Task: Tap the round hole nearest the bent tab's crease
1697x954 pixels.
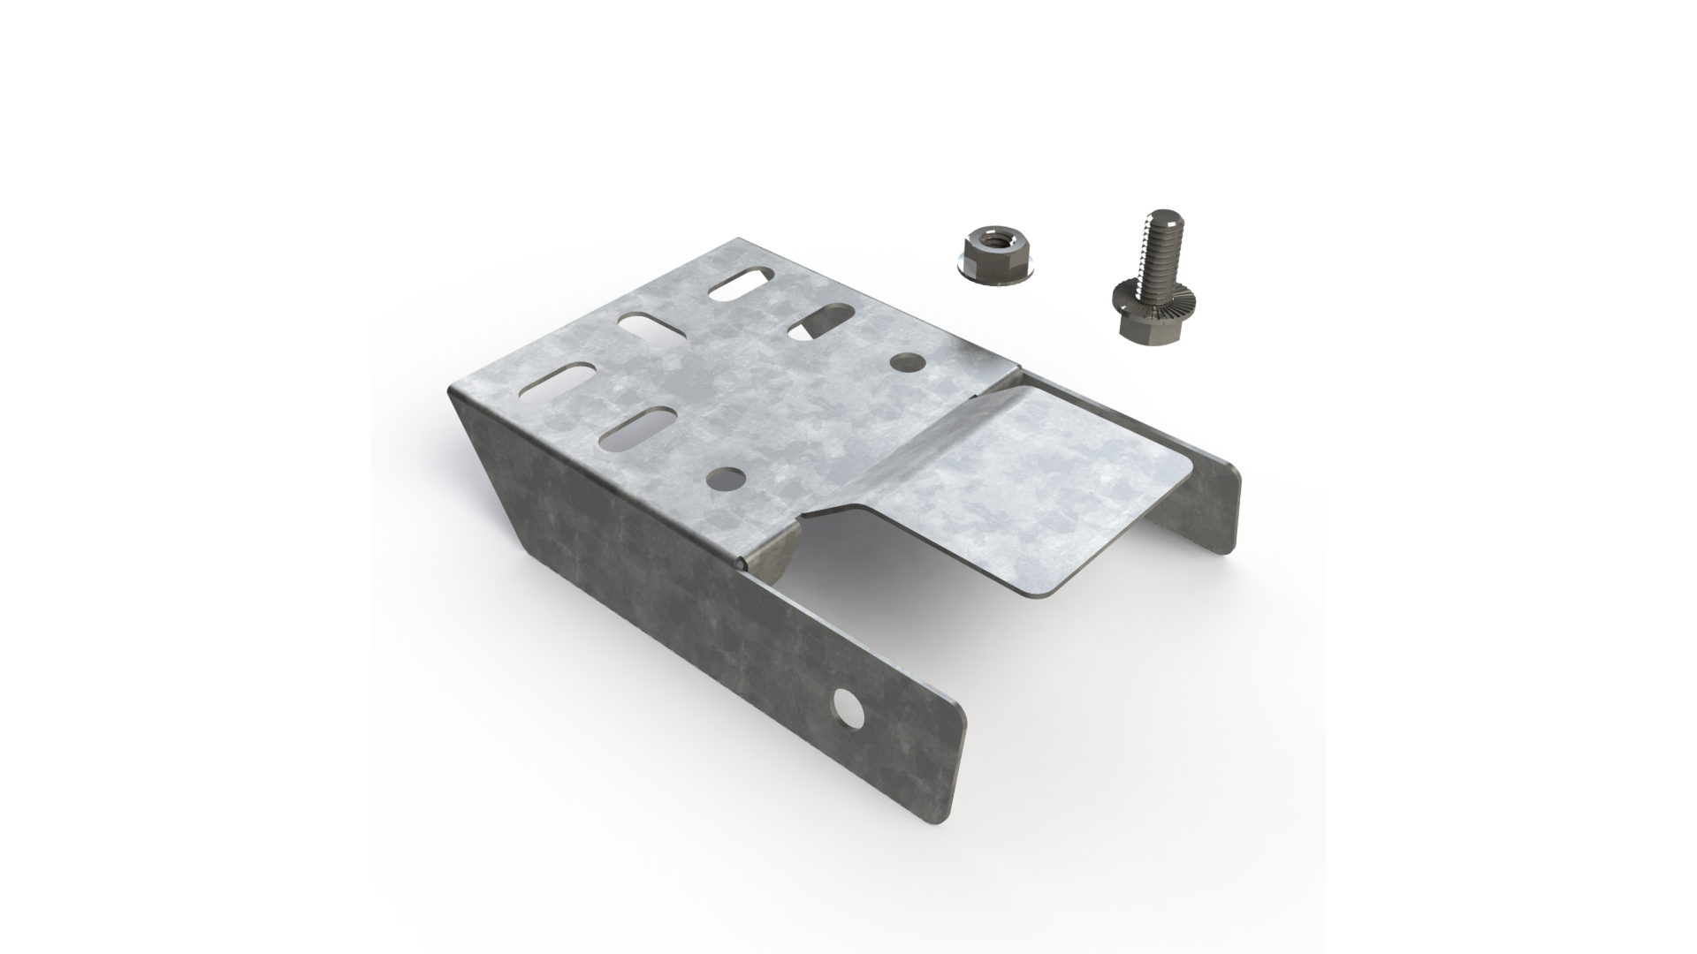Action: pos(907,361)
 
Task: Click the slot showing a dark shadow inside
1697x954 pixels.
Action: pos(820,322)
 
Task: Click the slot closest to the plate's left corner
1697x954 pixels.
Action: pos(563,381)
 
